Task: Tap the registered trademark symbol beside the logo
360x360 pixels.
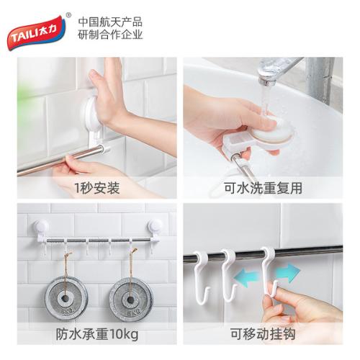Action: pyautogui.click(x=68, y=15)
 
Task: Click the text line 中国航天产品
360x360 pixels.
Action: pyautogui.click(x=110, y=22)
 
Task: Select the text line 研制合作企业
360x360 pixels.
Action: pyautogui.click(x=110, y=35)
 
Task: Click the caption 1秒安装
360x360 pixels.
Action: pyautogui.click(x=97, y=188)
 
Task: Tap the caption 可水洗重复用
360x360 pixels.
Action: pyautogui.click(x=263, y=188)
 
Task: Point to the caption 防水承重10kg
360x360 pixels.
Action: pyautogui.click(x=97, y=334)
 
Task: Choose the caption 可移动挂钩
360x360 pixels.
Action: pyautogui.click(x=263, y=334)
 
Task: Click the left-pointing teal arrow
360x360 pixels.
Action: pyautogui.click(x=246, y=278)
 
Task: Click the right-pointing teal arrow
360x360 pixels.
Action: pyautogui.click(x=287, y=273)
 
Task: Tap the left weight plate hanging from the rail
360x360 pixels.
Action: pyautogui.click(x=66, y=298)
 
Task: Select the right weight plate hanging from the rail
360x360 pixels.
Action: pyautogui.click(x=131, y=299)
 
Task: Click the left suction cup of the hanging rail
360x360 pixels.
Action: pyautogui.click(x=42, y=226)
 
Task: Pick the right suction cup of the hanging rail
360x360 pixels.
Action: pyautogui.click(x=155, y=226)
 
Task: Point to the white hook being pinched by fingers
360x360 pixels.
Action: pyautogui.click(x=269, y=271)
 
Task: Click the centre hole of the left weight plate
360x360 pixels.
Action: pyautogui.click(x=65, y=299)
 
